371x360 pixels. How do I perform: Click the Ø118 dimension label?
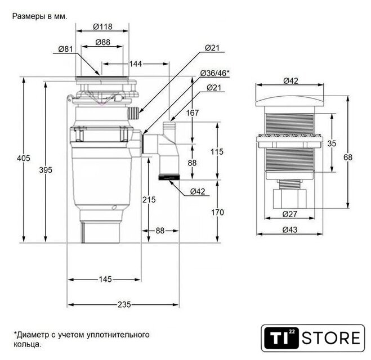pyautogui.click(x=102, y=26)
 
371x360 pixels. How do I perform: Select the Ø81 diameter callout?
pyautogui.click(x=65, y=49)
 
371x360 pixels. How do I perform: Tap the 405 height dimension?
pyautogui.click(x=24, y=158)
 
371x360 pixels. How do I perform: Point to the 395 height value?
pyautogui.click(x=46, y=170)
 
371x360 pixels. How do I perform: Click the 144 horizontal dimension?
pyautogui.click(x=136, y=64)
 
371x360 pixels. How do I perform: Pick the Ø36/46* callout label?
pyautogui.click(x=215, y=73)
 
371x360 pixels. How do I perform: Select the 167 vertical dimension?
pyautogui.click(x=193, y=112)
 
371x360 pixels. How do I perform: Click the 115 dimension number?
pyautogui.click(x=217, y=151)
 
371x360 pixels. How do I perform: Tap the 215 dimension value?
pyautogui.click(x=149, y=200)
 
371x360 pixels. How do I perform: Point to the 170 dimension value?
pyautogui.click(x=217, y=213)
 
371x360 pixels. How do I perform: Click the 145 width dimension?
pyautogui.click(x=105, y=279)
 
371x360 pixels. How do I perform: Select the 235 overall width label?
pyautogui.click(x=124, y=304)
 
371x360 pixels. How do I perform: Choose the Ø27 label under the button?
pyautogui.click(x=289, y=214)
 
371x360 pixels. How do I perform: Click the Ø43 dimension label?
pyautogui.click(x=290, y=229)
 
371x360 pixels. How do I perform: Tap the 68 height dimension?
pyautogui.click(x=348, y=157)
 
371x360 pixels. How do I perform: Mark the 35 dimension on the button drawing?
pyautogui.click(x=332, y=143)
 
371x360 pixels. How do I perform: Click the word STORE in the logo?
pyautogui.click(x=331, y=338)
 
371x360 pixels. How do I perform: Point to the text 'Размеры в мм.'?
pyautogui.click(x=40, y=16)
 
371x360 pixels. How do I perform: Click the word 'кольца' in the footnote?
pyautogui.click(x=28, y=344)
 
